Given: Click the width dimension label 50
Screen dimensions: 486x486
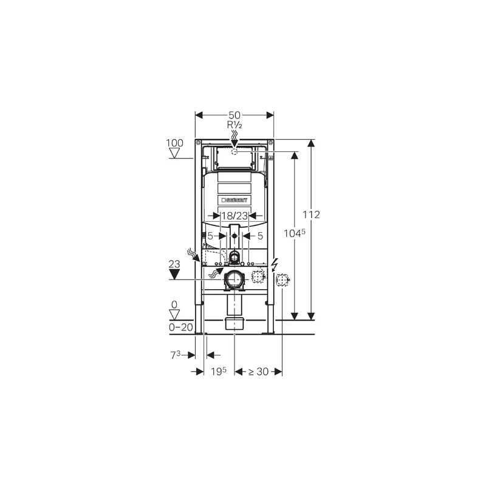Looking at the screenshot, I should click(234, 114).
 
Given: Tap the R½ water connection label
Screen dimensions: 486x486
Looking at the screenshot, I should click(234, 125).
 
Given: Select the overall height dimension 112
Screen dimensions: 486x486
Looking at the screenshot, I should click(312, 215).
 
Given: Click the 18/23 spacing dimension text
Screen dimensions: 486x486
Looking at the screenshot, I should click(234, 215).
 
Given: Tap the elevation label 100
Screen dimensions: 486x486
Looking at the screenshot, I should click(174, 143).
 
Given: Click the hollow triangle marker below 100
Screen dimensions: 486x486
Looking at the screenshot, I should click(174, 153).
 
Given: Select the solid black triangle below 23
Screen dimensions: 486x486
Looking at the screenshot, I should click(174, 274).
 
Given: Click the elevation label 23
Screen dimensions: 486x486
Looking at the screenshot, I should click(174, 264).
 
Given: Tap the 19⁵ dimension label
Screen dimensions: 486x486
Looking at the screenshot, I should click(219, 371).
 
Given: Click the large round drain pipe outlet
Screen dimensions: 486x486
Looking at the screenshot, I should click(234, 279).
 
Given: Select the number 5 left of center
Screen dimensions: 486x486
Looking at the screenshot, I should click(210, 235).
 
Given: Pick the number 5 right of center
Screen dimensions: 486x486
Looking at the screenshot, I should click(259, 235).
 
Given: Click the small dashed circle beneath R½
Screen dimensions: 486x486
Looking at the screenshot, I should click(234, 151).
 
